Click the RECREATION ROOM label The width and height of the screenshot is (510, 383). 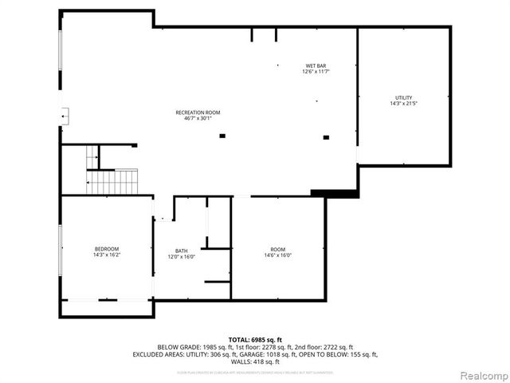pos(198,113)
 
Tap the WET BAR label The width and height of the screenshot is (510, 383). pos(316,65)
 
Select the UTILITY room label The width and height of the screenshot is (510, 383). pos(404,97)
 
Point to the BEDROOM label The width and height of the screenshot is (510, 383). pos(106,249)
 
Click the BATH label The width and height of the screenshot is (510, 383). pos(182,251)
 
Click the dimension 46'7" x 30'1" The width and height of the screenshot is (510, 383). pos(198,119)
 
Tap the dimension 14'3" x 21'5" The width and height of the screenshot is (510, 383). pos(404,104)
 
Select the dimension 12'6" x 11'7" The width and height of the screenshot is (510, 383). pos(316,72)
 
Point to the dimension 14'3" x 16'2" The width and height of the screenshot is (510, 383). pos(106,255)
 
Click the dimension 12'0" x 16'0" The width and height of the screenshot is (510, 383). pos(182,257)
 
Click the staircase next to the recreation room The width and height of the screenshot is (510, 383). pos(112,181)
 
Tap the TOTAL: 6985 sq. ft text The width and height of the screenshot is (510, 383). pos(255,339)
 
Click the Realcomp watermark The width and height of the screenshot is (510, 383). pos(476,375)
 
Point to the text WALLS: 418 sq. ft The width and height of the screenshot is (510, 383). pos(255,361)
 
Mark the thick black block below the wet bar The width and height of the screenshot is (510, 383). pos(334,193)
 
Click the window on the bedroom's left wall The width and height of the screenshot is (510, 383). pos(61,250)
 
